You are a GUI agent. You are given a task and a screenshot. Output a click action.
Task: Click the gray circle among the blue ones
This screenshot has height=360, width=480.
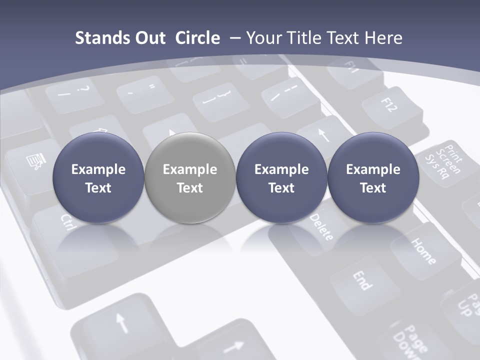[190, 177]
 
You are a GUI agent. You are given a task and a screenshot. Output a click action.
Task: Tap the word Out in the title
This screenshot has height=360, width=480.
[149, 38]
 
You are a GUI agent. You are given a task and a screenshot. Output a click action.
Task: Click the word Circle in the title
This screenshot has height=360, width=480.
[197, 38]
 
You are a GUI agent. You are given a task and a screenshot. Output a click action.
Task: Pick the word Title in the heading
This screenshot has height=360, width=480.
[306, 38]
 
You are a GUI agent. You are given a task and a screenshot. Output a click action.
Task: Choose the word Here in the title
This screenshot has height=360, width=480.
[384, 38]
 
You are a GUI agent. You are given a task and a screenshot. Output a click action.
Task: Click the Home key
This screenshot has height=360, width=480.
[423, 250]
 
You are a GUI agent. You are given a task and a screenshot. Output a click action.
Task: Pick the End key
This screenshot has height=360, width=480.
[363, 280]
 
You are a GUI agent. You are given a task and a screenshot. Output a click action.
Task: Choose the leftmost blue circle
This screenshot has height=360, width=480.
[98, 177]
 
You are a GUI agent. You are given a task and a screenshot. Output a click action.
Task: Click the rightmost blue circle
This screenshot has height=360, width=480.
[373, 177]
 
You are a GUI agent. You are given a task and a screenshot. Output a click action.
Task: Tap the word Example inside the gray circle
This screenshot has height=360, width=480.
[190, 169]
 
